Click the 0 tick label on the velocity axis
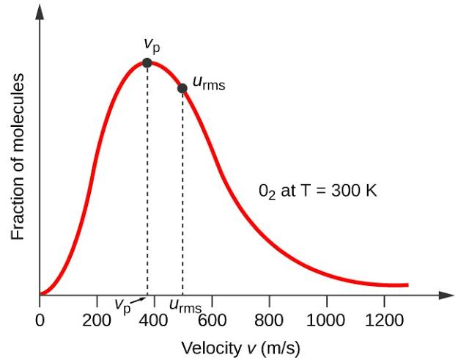40,319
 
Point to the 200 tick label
97,319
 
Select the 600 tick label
213,319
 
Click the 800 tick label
270,319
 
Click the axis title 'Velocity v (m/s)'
240,347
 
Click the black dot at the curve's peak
147,63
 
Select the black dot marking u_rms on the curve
182,89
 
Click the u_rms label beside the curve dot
209,82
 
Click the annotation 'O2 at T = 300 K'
317,191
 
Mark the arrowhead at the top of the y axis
40,10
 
